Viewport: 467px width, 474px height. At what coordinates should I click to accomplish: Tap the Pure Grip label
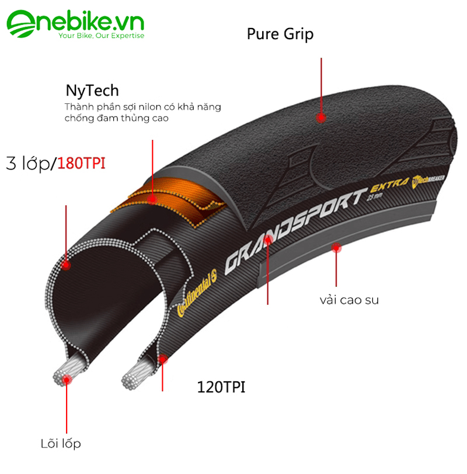pyautogui.click(x=280, y=34)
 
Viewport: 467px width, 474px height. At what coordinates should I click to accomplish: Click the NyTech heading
pyautogui.click(x=92, y=90)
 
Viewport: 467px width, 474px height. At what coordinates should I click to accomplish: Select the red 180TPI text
pyautogui.click(x=81, y=163)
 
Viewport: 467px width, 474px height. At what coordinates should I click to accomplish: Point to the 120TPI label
pyautogui.click(x=222, y=387)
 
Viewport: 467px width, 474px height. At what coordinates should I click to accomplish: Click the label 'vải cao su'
pyautogui.click(x=349, y=300)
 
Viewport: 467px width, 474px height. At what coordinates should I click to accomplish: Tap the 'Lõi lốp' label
pyautogui.click(x=61, y=444)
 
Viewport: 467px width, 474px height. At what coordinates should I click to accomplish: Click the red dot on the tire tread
pyautogui.click(x=320, y=117)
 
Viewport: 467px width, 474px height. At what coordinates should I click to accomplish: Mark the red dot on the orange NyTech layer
pyautogui.click(x=152, y=198)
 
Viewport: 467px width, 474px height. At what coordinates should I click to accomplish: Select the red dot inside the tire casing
pyautogui.click(x=66, y=265)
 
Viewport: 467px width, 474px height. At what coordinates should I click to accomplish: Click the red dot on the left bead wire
pyautogui.click(x=67, y=380)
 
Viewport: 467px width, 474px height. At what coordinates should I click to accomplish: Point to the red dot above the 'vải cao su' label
pyautogui.click(x=336, y=248)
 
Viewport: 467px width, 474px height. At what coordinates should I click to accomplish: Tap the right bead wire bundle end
pyautogui.click(x=133, y=376)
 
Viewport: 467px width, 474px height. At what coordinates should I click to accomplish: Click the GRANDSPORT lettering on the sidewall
pyautogui.click(x=292, y=227)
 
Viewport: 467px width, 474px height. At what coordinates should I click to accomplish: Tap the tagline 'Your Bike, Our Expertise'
pyautogui.click(x=101, y=36)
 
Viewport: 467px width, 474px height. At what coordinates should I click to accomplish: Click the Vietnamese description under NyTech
pyautogui.click(x=142, y=113)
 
